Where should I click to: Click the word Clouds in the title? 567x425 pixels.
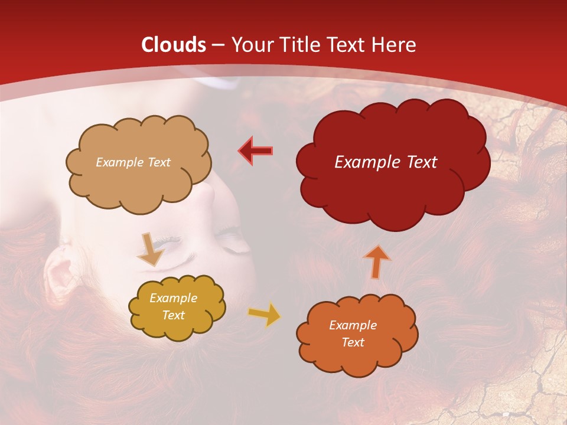[x=174, y=45]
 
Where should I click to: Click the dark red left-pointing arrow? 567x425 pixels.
[x=256, y=151]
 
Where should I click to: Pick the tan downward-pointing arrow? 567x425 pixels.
[x=150, y=249]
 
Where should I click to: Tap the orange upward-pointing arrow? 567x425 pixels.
[x=376, y=261]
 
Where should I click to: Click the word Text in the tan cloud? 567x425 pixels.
[x=158, y=162]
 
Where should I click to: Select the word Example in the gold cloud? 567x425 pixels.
[x=173, y=298]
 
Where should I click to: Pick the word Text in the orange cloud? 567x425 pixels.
[x=353, y=342]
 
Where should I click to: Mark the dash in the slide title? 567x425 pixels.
[x=218, y=45]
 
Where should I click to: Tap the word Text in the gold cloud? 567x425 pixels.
[x=173, y=315]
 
